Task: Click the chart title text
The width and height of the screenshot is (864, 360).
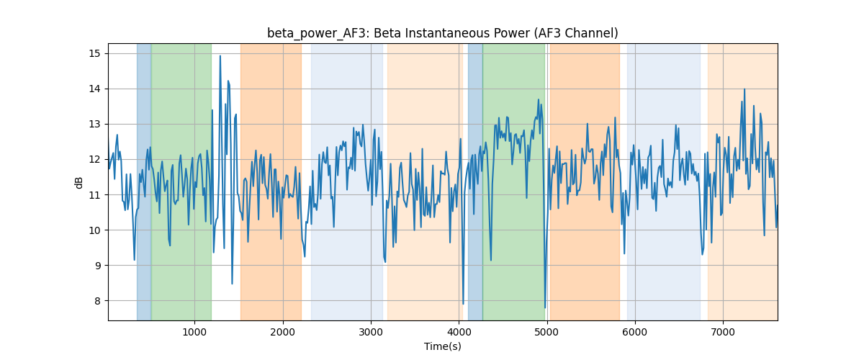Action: [442, 33]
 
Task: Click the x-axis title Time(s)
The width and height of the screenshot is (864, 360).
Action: [442, 346]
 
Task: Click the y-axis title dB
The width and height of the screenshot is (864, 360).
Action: [78, 182]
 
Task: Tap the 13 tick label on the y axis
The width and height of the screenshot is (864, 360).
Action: [94, 125]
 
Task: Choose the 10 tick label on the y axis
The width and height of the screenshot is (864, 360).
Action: [94, 230]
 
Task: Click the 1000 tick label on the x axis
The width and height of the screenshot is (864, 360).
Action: [194, 332]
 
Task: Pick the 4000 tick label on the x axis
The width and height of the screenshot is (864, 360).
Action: [459, 332]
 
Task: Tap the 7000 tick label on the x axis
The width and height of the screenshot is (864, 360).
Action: [723, 332]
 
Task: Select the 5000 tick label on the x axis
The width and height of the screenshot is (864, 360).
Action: [547, 332]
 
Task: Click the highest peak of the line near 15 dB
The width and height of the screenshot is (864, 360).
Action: [220, 56]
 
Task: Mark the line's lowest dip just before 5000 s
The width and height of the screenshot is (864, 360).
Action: [545, 307]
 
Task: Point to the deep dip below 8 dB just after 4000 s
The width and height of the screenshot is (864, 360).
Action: [463, 304]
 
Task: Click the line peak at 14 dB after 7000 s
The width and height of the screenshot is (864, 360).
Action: [744, 89]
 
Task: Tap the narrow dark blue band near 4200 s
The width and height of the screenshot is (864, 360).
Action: [475, 181]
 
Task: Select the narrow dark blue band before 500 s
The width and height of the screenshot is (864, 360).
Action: [144, 181]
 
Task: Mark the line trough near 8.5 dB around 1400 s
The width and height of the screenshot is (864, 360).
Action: [232, 284]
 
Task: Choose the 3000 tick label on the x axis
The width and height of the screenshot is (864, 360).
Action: [371, 332]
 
